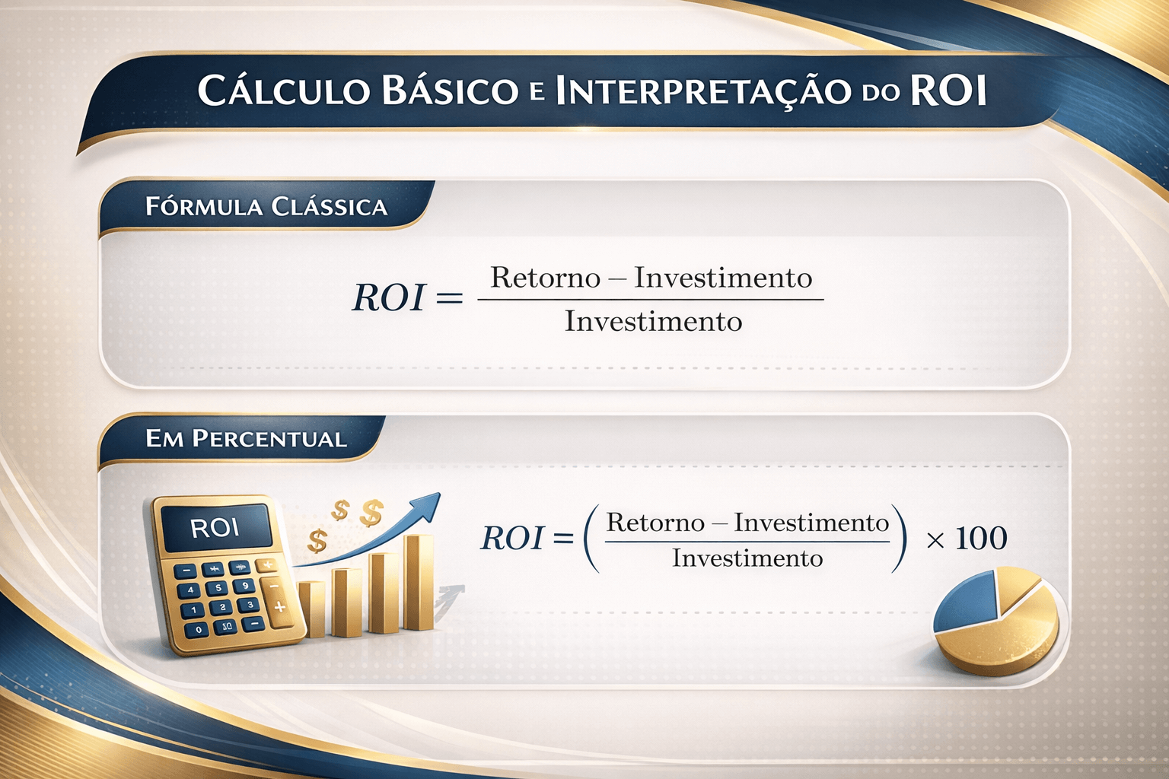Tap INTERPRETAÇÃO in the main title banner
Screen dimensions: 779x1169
pyautogui.click(x=703, y=91)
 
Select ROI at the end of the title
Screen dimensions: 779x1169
pyautogui.click(x=948, y=90)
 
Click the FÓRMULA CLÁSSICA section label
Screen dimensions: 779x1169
pyautogui.click(x=266, y=207)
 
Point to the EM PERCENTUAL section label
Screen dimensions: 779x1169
pyautogui.click(x=246, y=439)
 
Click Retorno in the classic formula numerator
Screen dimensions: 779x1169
pyautogui.click(x=546, y=278)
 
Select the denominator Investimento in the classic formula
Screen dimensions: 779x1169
pyautogui.click(x=653, y=321)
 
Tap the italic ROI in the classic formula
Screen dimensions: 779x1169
pyautogui.click(x=388, y=297)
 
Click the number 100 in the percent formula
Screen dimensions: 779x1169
pyautogui.click(x=981, y=539)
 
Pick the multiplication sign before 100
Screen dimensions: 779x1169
pyautogui.click(x=935, y=540)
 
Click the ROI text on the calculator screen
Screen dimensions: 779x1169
pyautogui.click(x=215, y=527)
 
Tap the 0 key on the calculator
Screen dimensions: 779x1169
pyautogui.click(x=199, y=629)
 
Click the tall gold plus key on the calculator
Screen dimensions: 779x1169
pyautogui.click(x=279, y=606)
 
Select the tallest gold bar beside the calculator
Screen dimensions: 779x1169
pyautogui.click(x=418, y=582)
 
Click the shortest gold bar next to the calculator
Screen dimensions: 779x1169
pyautogui.click(x=311, y=609)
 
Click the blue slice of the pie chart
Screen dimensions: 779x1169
pyautogui.click(x=968, y=605)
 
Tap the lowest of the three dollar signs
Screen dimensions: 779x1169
pyautogui.click(x=317, y=541)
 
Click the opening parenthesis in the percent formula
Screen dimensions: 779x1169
pyautogui.click(x=590, y=539)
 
